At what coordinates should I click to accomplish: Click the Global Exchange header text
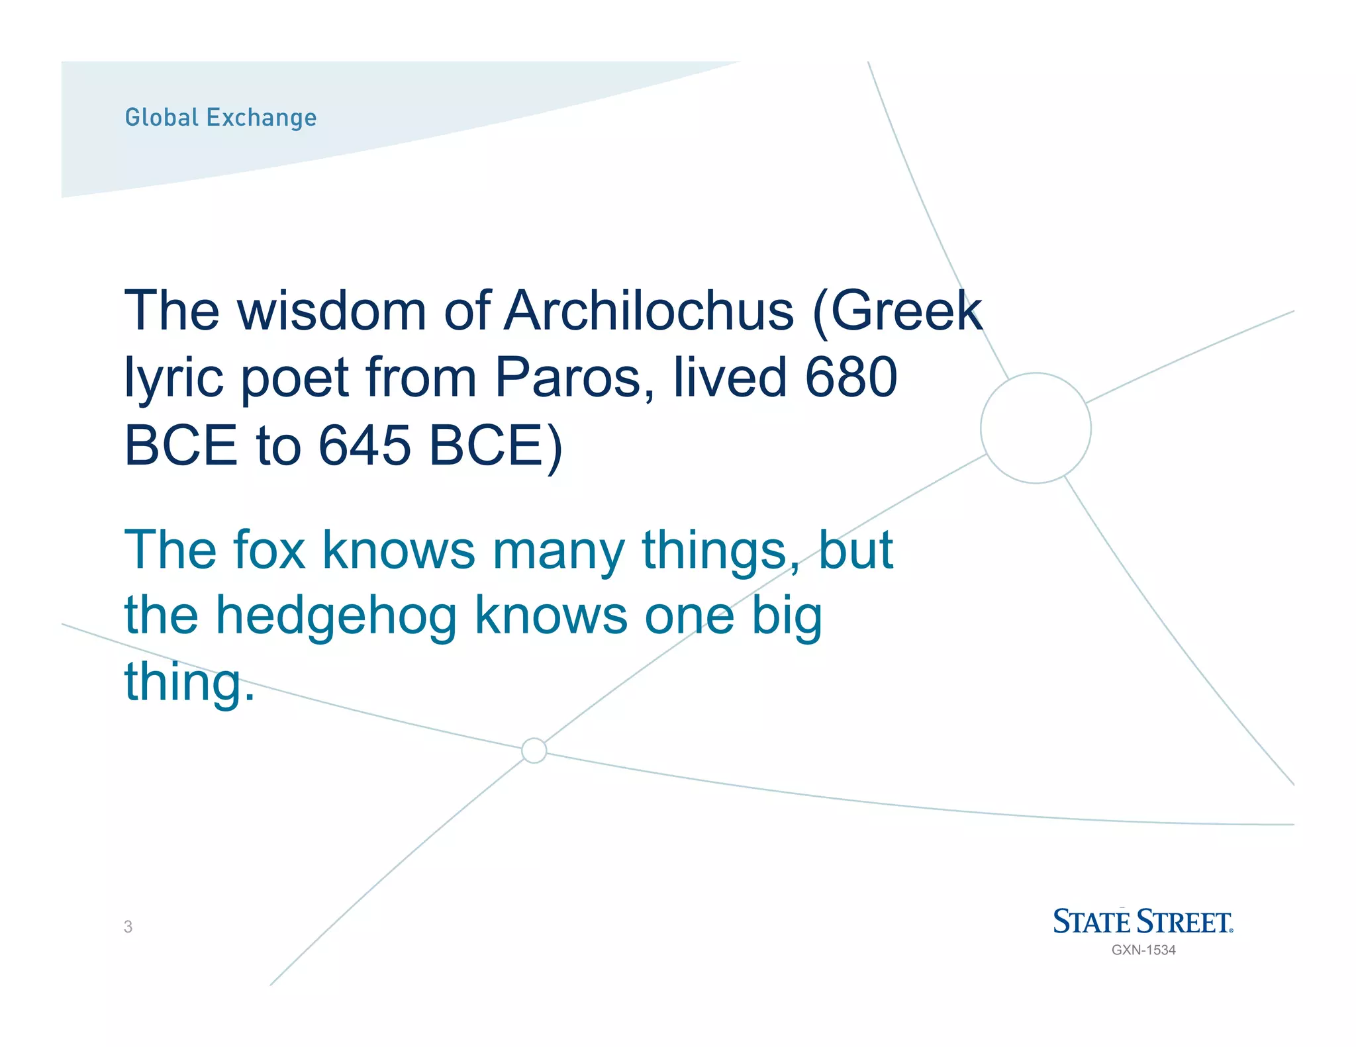[x=220, y=118]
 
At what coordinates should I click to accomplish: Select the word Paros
[x=575, y=377]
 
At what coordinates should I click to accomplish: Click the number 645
[x=365, y=445]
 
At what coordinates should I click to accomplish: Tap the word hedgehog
[x=336, y=615]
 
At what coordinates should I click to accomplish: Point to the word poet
[x=294, y=379]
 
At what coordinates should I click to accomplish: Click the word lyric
[x=173, y=379]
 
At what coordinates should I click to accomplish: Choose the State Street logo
[x=1143, y=921]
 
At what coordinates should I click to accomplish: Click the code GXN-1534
[x=1143, y=950]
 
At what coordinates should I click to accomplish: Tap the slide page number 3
[x=128, y=927]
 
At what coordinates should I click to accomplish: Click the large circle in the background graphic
[x=1036, y=428]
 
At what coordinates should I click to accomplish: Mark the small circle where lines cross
[x=534, y=751]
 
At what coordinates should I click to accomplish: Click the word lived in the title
[x=730, y=377]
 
